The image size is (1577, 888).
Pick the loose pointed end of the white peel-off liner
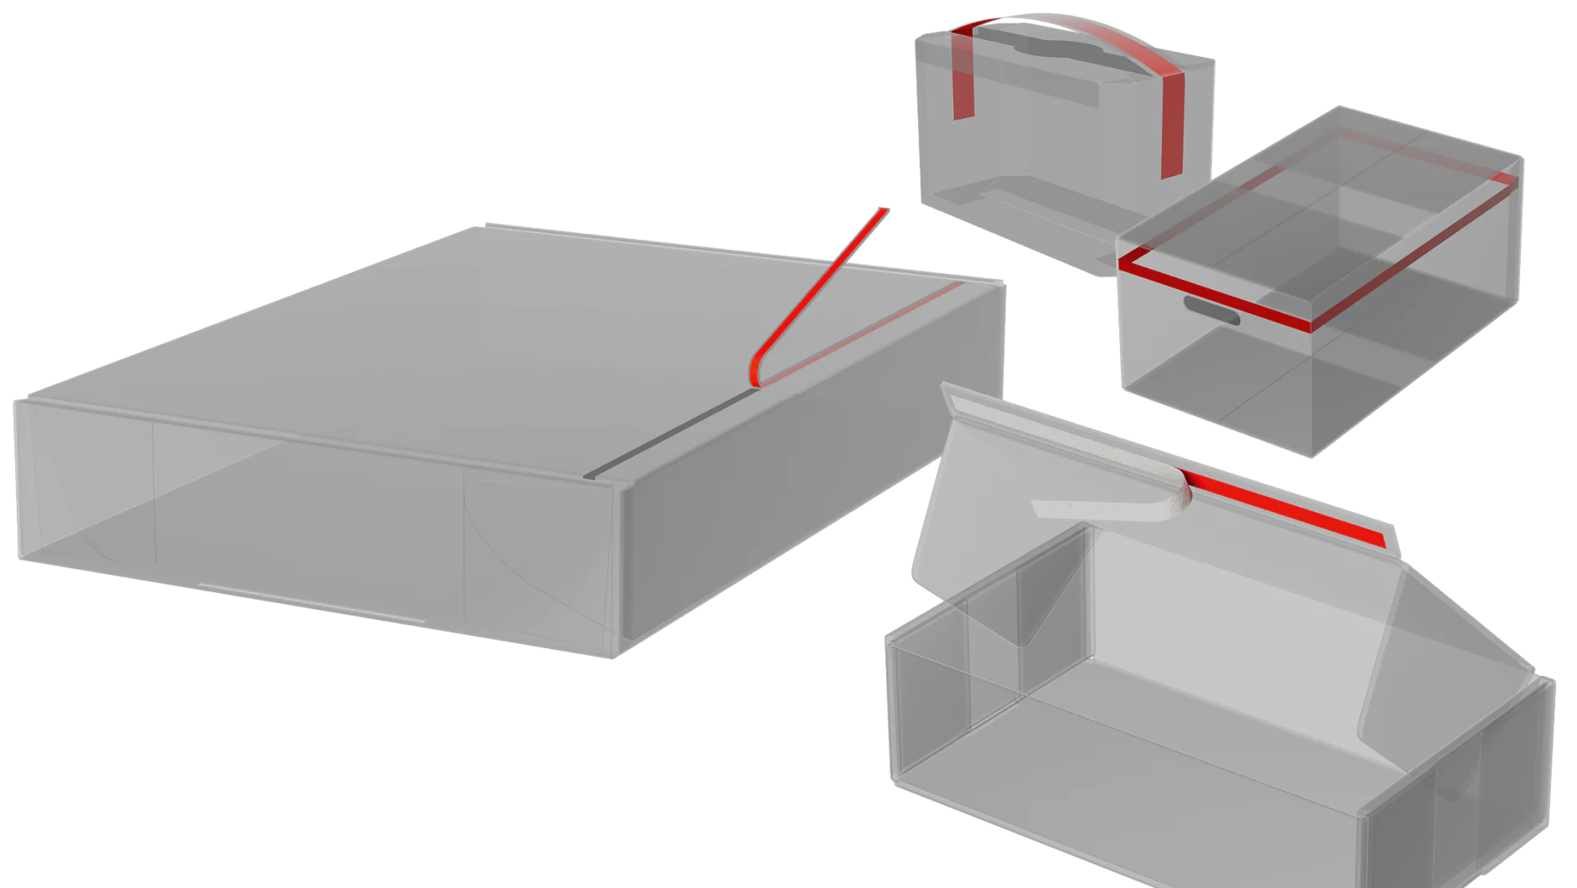pos(1041,507)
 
